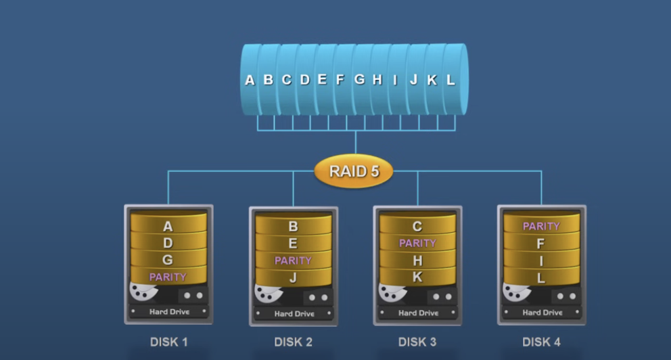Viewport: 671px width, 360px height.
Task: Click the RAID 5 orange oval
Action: (x=354, y=171)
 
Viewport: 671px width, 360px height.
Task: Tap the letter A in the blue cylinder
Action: (x=250, y=80)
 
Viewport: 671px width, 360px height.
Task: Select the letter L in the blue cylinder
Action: (x=450, y=80)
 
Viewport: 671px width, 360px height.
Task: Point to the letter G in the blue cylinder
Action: (x=359, y=80)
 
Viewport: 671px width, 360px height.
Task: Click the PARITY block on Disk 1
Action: (x=168, y=277)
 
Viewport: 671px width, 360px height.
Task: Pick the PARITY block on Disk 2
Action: (x=293, y=260)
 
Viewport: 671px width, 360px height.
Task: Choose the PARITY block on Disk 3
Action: (x=417, y=243)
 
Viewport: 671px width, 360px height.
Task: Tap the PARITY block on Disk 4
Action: (x=541, y=226)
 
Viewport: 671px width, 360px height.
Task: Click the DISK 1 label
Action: (x=168, y=342)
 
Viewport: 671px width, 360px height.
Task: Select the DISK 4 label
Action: (x=541, y=342)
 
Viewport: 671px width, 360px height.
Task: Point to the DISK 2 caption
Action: (x=293, y=342)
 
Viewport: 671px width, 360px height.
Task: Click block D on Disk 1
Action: (x=168, y=243)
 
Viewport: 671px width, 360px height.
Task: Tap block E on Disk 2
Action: (x=293, y=244)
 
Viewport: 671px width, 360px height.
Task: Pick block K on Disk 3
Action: (x=417, y=277)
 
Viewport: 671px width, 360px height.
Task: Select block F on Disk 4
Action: (x=541, y=243)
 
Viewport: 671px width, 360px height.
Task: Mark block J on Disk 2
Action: (x=293, y=277)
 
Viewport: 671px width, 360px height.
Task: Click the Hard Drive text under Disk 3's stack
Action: (x=417, y=313)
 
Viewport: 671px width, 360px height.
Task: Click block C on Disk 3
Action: (x=417, y=227)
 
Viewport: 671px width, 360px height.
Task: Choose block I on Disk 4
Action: (x=541, y=261)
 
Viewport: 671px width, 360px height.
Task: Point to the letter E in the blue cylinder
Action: (x=322, y=80)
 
